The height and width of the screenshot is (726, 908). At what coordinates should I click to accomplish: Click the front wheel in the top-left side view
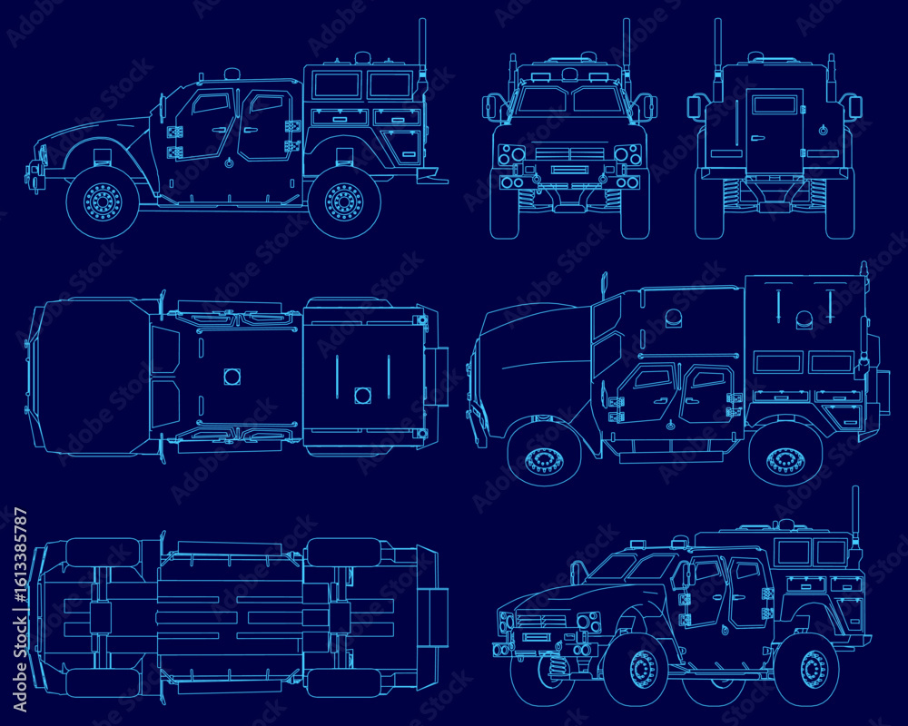pos(103,201)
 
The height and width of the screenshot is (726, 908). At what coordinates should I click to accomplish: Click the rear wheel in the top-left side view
pos(344,201)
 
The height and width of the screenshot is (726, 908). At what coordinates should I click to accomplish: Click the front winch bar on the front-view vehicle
pos(569,170)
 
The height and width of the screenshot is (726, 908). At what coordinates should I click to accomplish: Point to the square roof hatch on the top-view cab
pos(232,377)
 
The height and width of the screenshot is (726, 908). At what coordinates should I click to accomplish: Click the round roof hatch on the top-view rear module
pos(362,396)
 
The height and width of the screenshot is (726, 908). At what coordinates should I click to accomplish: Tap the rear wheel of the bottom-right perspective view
pos(814,669)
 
